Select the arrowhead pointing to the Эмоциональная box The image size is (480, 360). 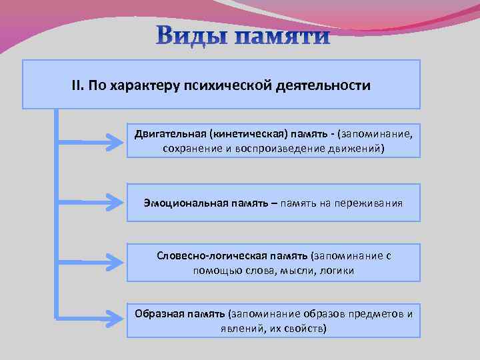click(118, 201)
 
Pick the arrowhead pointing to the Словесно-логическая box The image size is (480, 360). click(118, 261)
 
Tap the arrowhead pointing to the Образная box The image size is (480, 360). click(118, 318)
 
